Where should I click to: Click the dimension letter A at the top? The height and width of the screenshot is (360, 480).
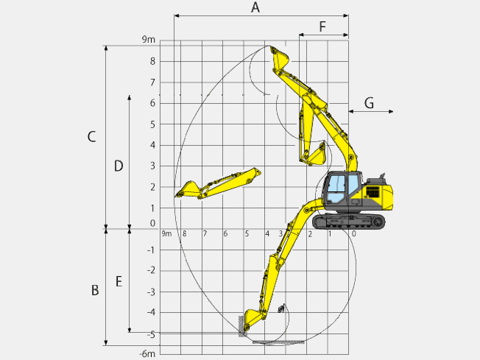pos(255,8)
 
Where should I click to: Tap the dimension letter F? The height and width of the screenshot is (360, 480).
pos(322,27)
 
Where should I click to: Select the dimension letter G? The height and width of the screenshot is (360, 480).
pos(369,103)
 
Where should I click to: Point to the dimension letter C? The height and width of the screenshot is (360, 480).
pos(91,136)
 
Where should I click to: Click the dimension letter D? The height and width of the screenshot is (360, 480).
pos(118,166)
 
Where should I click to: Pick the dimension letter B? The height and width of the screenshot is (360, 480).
pos(94,291)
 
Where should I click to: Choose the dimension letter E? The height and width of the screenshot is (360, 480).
pos(118,281)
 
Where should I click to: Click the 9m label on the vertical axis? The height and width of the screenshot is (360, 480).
pos(149,40)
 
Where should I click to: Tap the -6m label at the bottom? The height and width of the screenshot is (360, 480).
pos(147,353)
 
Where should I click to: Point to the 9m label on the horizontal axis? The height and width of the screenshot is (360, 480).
pos(166,234)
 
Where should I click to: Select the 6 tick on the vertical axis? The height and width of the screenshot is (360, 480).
pos(152,103)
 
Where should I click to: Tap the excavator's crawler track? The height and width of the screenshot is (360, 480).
pos(348,222)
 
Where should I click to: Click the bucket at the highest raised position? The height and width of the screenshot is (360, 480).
pos(278,58)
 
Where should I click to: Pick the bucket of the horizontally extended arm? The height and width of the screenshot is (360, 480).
pos(188,189)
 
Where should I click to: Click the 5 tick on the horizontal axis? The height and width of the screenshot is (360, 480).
pos(246,234)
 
